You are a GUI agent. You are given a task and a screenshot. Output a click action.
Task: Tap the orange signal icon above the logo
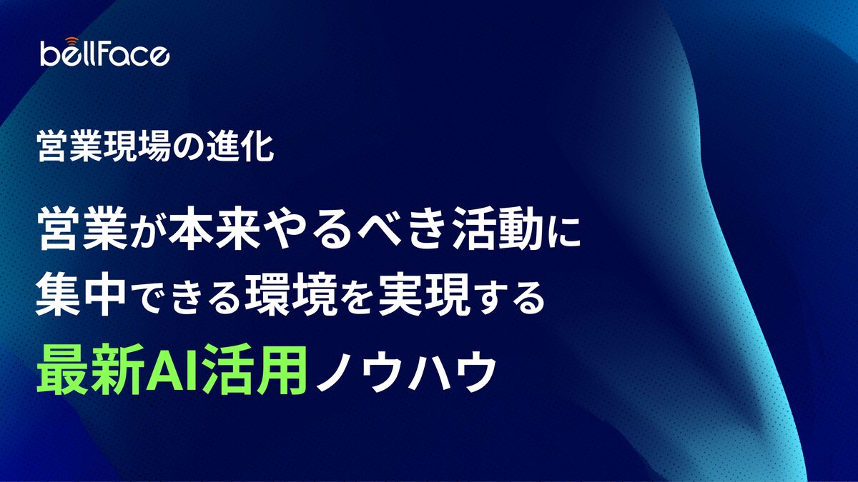tap(71, 41)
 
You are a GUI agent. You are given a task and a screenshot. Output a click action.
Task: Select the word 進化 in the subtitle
tap(240, 147)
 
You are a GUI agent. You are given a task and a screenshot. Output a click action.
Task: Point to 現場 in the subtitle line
tap(137, 147)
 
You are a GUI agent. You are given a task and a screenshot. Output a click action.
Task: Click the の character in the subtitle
tap(189, 148)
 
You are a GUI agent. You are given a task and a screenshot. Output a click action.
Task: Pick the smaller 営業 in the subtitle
tap(71, 147)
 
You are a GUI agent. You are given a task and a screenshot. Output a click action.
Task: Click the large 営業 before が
tap(82, 228)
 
